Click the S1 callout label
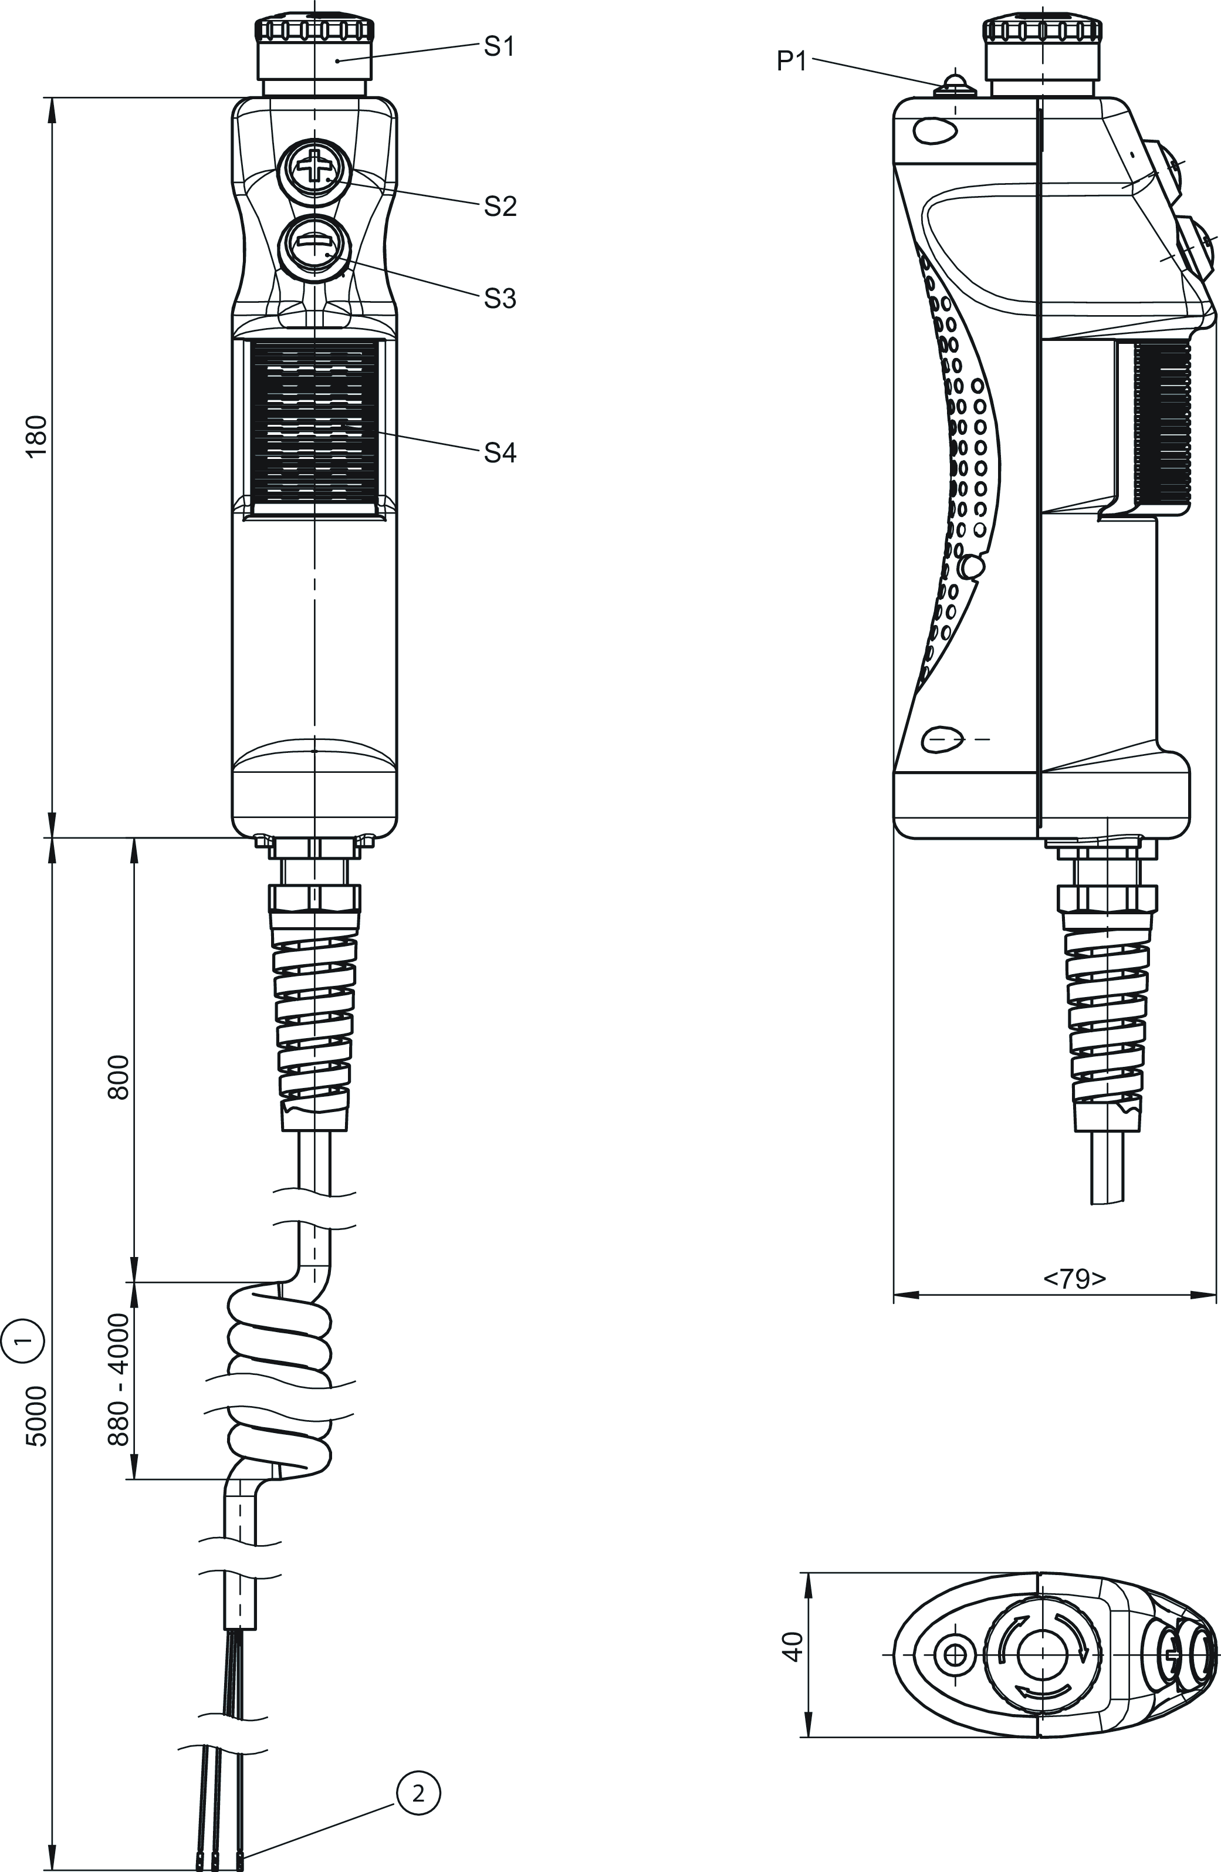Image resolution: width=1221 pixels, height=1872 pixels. tap(499, 47)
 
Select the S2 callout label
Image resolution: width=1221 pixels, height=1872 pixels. tap(499, 206)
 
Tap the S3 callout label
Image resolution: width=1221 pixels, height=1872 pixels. tap(499, 299)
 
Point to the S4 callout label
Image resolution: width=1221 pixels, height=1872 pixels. tap(499, 453)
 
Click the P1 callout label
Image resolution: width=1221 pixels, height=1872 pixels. tap(792, 62)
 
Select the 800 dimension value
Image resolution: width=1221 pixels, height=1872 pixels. tap(118, 1077)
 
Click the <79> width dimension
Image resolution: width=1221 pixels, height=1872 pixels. tap(1074, 1279)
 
